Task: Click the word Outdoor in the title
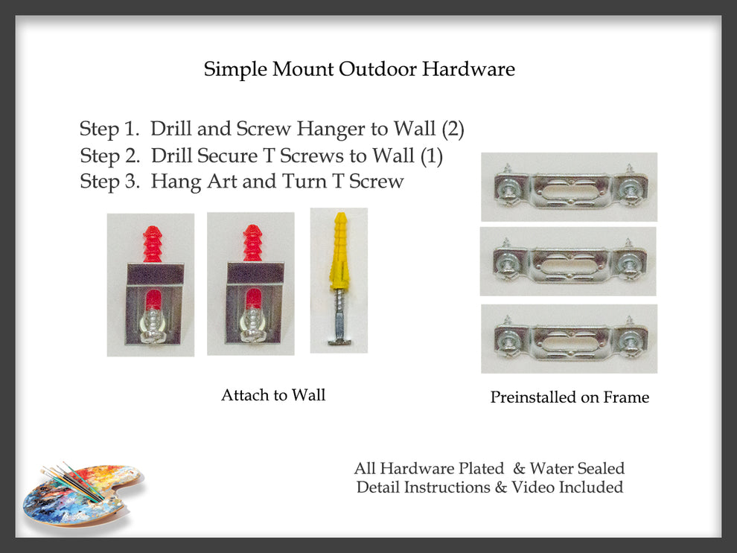pyautogui.click(x=378, y=69)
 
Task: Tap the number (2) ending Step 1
pyautogui.click(x=453, y=129)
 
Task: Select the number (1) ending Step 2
pyautogui.click(x=432, y=156)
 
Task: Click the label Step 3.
pyautogui.click(x=109, y=182)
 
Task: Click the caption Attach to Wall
pyautogui.click(x=273, y=395)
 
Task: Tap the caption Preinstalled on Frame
pyautogui.click(x=569, y=397)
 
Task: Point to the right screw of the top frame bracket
pyautogui.click(x=629, y=189)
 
